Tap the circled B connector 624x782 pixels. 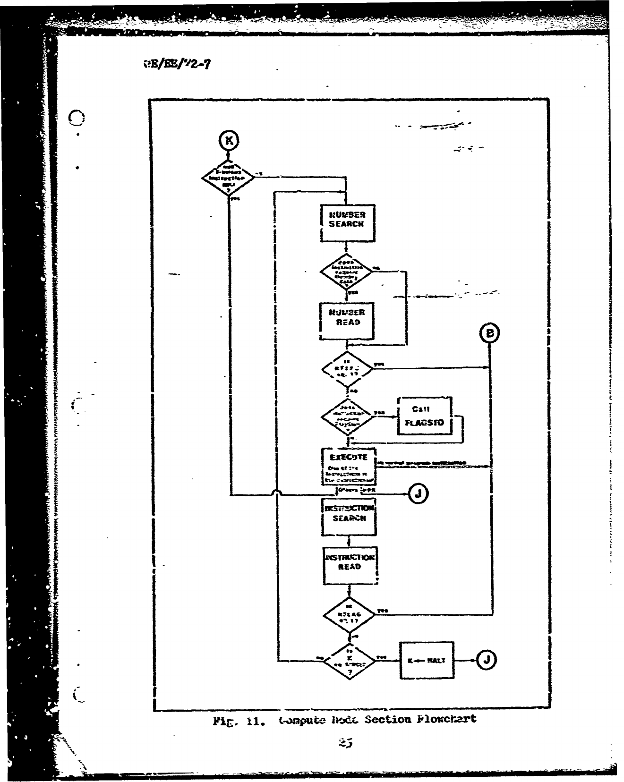click(490, 333)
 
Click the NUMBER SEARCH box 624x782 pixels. click(347, 223)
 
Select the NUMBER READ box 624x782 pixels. click(347, 321)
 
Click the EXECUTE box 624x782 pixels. click(349, 467)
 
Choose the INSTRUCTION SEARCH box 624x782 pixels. click(349, 517)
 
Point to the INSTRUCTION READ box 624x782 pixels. click(350, 566)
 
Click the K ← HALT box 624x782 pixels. click(427, 660)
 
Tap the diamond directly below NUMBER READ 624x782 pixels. click(347, 369)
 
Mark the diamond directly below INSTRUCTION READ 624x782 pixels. click(349, 614)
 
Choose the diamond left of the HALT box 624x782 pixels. click(349, 661)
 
